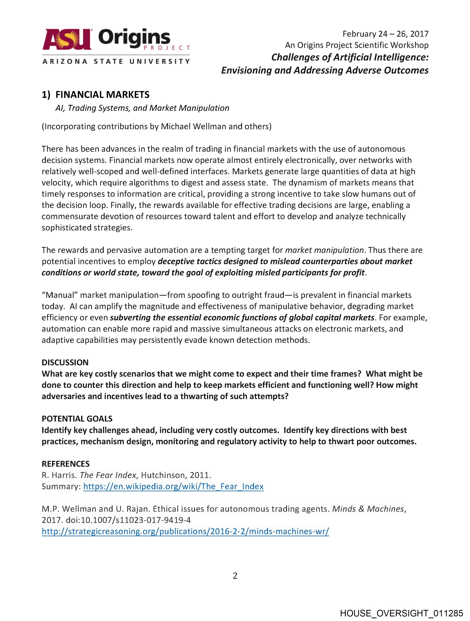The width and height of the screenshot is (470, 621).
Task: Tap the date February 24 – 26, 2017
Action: click(x=385, y=34)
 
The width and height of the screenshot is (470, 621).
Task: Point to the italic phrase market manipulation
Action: click(x=324, y=250)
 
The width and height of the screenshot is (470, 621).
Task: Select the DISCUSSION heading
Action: click(x=65, y=362)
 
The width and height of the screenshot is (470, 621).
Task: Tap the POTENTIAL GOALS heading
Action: click(x=77, y=419)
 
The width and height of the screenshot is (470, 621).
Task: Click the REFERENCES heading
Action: click(x=65, y=464)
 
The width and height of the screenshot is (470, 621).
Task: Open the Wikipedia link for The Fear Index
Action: click(x=173, y=486)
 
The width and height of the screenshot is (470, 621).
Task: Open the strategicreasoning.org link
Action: click(x=185, y=531)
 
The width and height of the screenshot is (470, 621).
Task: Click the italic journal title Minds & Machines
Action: click(x=368, y=509)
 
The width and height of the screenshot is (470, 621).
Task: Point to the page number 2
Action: click(x=235, y=576)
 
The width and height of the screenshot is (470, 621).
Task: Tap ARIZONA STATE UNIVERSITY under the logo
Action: click(x=116, y=61)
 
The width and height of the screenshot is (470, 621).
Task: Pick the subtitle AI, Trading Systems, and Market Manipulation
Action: click(x=142, y=108)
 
